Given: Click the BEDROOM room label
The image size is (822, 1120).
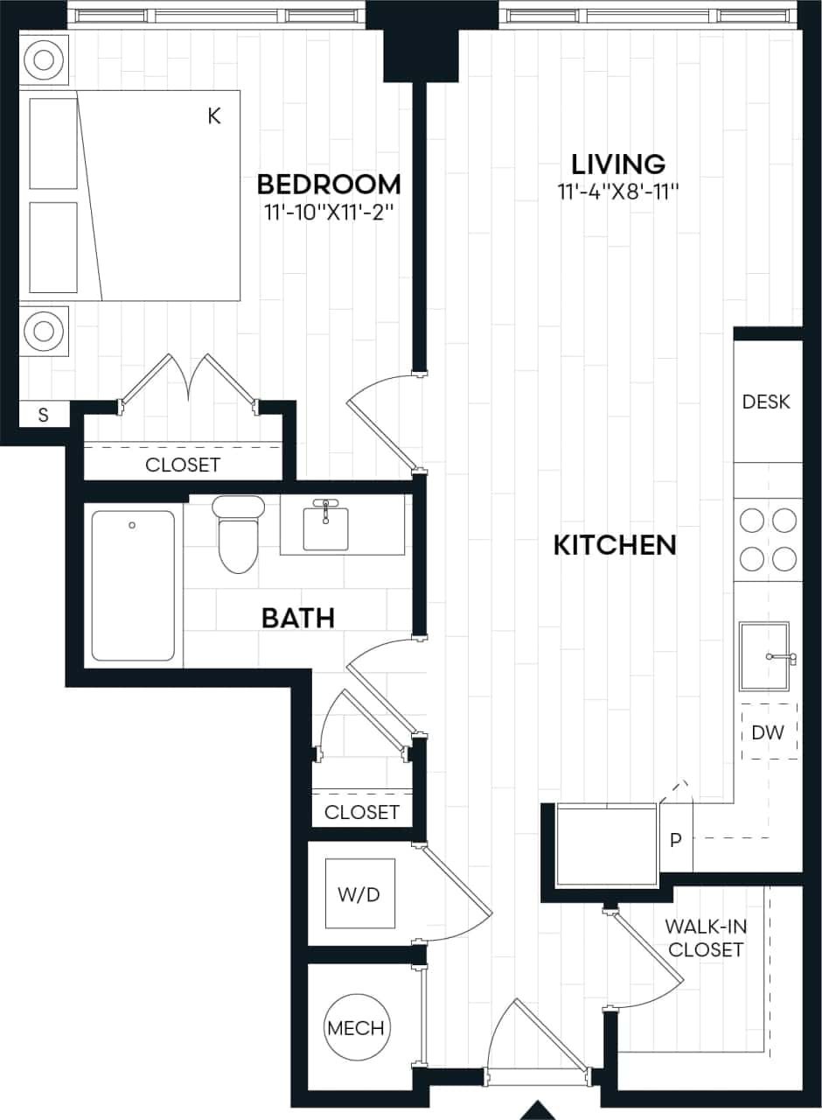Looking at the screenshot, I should (x=328, y=185).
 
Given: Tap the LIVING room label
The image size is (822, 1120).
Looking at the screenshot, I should (x=618, y=164).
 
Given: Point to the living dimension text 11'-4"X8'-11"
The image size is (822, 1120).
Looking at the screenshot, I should (x=618, y=192).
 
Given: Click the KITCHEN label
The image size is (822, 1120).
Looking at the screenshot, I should (x=615, y=545).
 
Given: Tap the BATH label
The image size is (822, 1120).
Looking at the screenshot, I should (x=298, y=619).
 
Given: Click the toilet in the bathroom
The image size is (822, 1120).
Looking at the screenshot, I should (x=238, y=534).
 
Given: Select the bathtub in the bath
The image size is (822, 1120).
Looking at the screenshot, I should (x=134, y=585).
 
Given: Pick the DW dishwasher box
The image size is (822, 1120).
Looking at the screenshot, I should (x=769, y=731).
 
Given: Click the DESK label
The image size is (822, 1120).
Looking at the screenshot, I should (x=766, y=402).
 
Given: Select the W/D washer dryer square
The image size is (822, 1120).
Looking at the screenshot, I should (x=359, y=894).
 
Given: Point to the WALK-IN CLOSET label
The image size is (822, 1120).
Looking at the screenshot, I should (x=704, y=937).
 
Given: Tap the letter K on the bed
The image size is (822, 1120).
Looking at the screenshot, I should (x=214, y=116).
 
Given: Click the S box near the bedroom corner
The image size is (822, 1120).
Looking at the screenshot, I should (x=44, y=416).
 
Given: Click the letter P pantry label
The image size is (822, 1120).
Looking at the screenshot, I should (x=675, y=840).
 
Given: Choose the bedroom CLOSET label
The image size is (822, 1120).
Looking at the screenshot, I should (x=183, y=465).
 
